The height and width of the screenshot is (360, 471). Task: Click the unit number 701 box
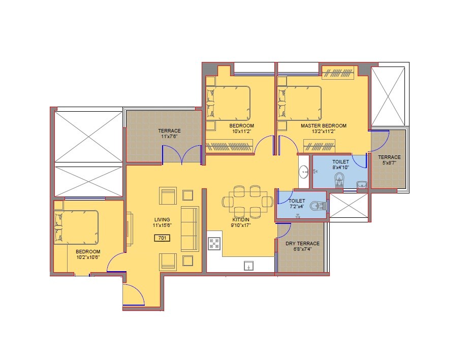pyautogui.click(x=162, y=238)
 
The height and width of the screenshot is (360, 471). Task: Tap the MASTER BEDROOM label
pyautogui.click(x=323, y=125)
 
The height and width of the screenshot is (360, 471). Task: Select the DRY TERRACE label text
pyautogui.click(x=302, y=243)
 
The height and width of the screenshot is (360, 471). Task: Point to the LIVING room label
pyautogui.click(x=162, y=219)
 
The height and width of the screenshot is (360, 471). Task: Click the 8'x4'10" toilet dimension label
pyautogui.click(x=340, y=167)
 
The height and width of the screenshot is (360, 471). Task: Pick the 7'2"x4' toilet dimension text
pyautogui.click(x=297, y=207)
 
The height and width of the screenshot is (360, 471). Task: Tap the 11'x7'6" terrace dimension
pyautogui.click(x=169, y=137)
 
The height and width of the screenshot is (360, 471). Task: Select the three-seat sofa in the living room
pyautogui.click(x=190, y=228)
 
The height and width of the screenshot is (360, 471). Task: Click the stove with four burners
pyautogui.click(x=214, y=244)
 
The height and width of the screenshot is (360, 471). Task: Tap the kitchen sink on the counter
pyautogui.click(x=249, y=265)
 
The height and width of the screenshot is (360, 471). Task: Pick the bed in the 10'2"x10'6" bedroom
pyautogui.click(x=76, y=226)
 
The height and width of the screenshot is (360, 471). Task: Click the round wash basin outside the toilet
pyautogui.click(x=304, y=172)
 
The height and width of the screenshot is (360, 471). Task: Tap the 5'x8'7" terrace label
pyautogui.click(x=389, y=160)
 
